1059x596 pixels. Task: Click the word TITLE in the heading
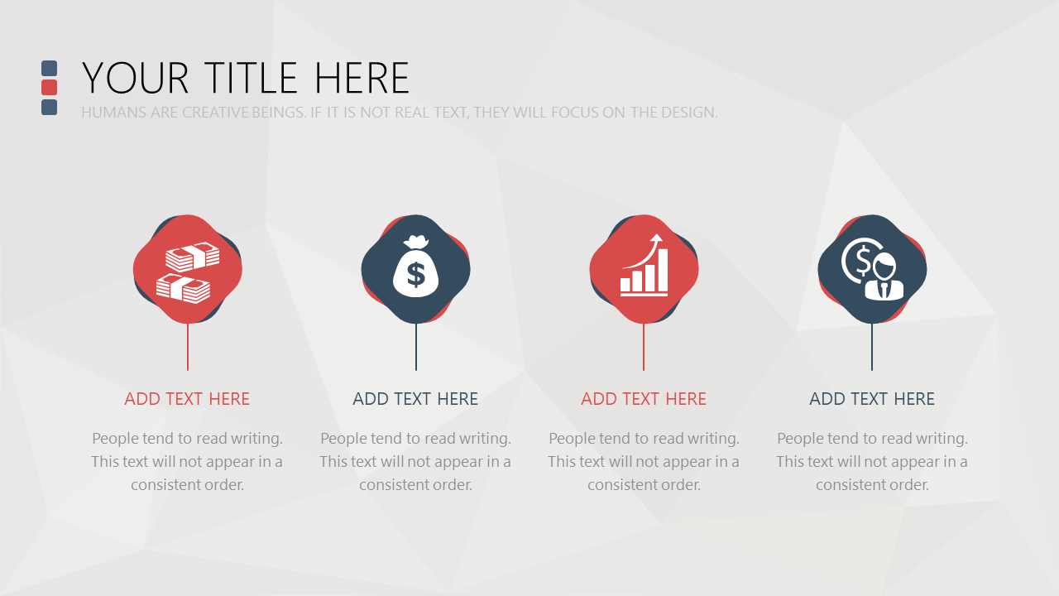click(251, 78)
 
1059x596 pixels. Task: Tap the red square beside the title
click(49, 88)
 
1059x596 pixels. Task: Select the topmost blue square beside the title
click(49, 68)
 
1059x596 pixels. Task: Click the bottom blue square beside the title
click(49, 107)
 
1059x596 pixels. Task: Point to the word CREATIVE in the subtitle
click(215, 113)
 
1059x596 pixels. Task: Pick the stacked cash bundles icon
click(188, 272)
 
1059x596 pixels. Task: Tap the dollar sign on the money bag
click(416, 275)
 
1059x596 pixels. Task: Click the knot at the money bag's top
click(416, 243)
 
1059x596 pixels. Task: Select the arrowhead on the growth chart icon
click(656, 238)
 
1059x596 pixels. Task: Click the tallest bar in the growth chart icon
click(661, 270)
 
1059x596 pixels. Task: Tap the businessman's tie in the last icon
click(884, 290)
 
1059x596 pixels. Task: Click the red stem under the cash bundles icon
click(188, 347)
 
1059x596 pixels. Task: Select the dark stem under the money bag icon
click(416, 347)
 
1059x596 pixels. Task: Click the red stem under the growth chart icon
click(644, 347)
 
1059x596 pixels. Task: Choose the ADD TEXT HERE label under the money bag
click(415, 399)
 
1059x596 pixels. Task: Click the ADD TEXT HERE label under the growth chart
click(644, 399)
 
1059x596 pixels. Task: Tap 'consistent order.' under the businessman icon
click(872, 485)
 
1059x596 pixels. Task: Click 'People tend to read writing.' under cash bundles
click(187, 439)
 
